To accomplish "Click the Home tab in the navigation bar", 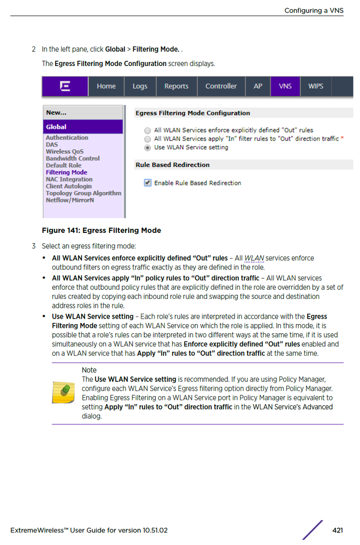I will tap(106, 86).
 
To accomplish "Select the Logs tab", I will tap(140, 86).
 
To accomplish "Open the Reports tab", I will tap(176, 86).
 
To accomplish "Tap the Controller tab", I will tap(221, 86).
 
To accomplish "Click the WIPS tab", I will tap(316, 86).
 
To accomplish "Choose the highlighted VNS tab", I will tap(285, 86).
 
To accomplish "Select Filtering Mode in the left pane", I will tap(66, 172).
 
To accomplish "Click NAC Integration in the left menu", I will tap(69, 179).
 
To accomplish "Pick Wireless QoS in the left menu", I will tap(65, 152).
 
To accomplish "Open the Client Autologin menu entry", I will tap(69, 186).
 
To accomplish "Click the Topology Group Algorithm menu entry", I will tap(83, 193).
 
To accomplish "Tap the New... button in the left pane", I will tap(56, 112).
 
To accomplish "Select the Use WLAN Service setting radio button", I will tap(147, 148).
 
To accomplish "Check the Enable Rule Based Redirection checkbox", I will tap(147, 183).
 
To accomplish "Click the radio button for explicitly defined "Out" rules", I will tap(147, 131).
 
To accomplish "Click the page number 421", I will tap(337, 530).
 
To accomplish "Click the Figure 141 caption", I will tap(101, 231).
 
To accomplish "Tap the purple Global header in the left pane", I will tap(83, 127).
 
